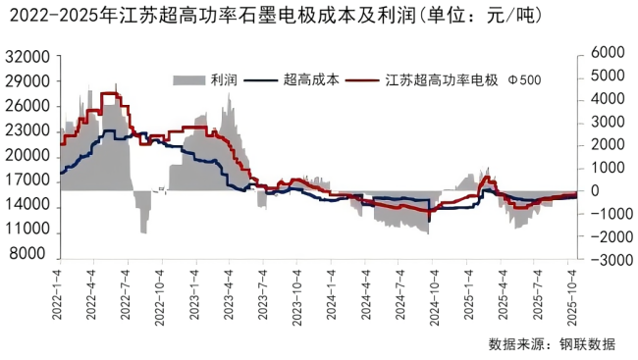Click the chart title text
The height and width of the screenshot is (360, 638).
(286, 17)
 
